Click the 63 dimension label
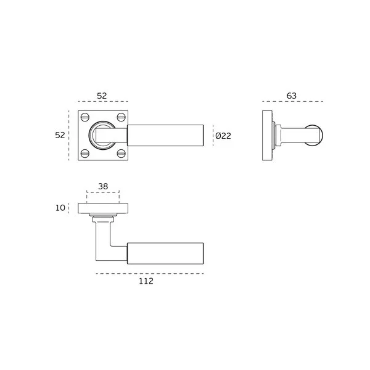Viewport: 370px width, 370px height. (x=292, y=96)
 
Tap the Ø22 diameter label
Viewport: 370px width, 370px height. (x=223, y=136)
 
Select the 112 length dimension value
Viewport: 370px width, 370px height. (x=146, y=281)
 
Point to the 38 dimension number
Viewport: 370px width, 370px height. (x=103, y=186)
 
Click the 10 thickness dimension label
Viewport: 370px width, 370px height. (x=60, y=208)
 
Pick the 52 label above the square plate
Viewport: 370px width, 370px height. (x=102, y=96)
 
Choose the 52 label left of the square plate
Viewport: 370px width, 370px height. (x=60, y=135)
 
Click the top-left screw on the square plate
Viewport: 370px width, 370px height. (x=85, y=117)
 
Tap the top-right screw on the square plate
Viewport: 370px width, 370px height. (x=121, y=117)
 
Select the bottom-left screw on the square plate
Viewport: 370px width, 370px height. (x=85, y=154)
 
